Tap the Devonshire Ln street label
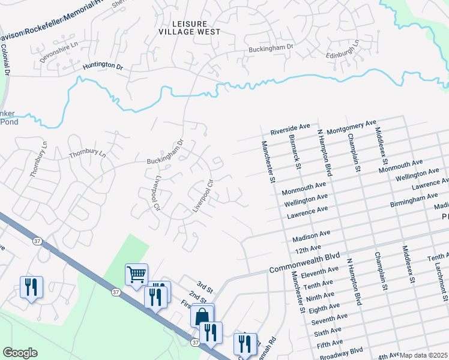tap(58, 46)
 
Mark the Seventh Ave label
tap(330, 319)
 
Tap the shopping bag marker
tap(203, 314)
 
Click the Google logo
tap(20, 353)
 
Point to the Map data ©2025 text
tap(423, 355)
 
